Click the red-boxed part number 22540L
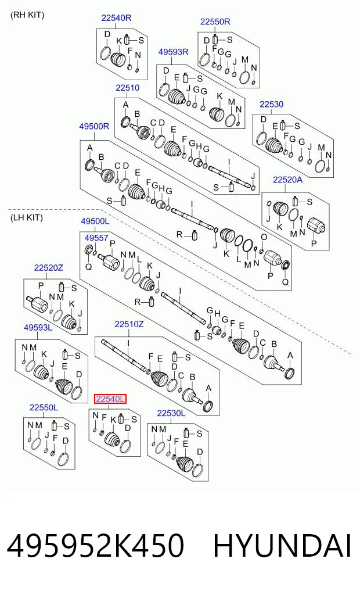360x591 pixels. (x=110, y=399)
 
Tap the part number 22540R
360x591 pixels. (x=116, y=17)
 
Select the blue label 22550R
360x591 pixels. (x=215, y=22)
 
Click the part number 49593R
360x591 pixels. (x=173, y=52)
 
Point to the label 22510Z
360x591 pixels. (x=129, y=324)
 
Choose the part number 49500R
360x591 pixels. (x=94, y=126)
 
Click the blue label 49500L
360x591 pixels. (x=95, y=221)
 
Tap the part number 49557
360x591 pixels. (x=96, y=238)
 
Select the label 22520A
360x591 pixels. (x=287, y=180)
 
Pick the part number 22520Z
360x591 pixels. (x=49, y=268)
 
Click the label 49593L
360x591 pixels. (x=38, y=328)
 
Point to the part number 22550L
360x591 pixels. (x=44, y=407)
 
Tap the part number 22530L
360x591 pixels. (x=171, y=413)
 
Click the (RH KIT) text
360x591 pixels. (x=27, y=15)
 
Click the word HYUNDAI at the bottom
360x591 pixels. (x=282, y=546)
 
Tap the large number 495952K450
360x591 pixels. (x=95, y=546)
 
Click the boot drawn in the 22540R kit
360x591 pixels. (x=118, y=59)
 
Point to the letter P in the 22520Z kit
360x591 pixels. (x=41, y=286)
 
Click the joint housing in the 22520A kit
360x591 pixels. (x=315, y=225)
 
